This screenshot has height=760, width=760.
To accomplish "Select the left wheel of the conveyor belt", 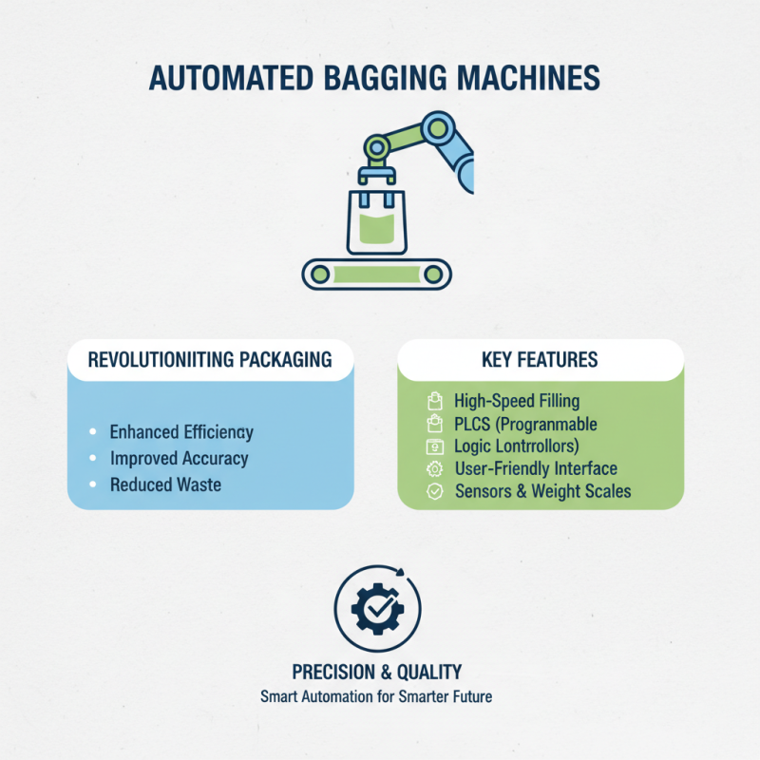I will coord(321,274).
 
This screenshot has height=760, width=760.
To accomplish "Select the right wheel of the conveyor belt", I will coord(432,274).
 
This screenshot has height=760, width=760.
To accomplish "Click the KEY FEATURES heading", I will coord(540,359).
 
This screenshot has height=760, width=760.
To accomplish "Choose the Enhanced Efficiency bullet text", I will coord(181,432).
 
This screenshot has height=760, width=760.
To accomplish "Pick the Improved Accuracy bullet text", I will coord(179,458).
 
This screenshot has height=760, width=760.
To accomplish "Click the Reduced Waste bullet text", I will coord(165,484).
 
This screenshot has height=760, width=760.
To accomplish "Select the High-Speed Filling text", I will coord(516,401).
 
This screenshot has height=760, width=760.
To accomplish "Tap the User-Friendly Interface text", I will coord(536,468).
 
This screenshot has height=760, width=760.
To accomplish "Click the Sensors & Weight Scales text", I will coord(542,492).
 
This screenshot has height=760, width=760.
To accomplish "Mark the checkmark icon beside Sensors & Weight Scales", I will coord(435,492).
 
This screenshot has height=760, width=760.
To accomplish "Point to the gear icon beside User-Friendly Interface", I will coord(435,468).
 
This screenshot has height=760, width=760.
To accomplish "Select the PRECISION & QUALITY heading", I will coord(377,672).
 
